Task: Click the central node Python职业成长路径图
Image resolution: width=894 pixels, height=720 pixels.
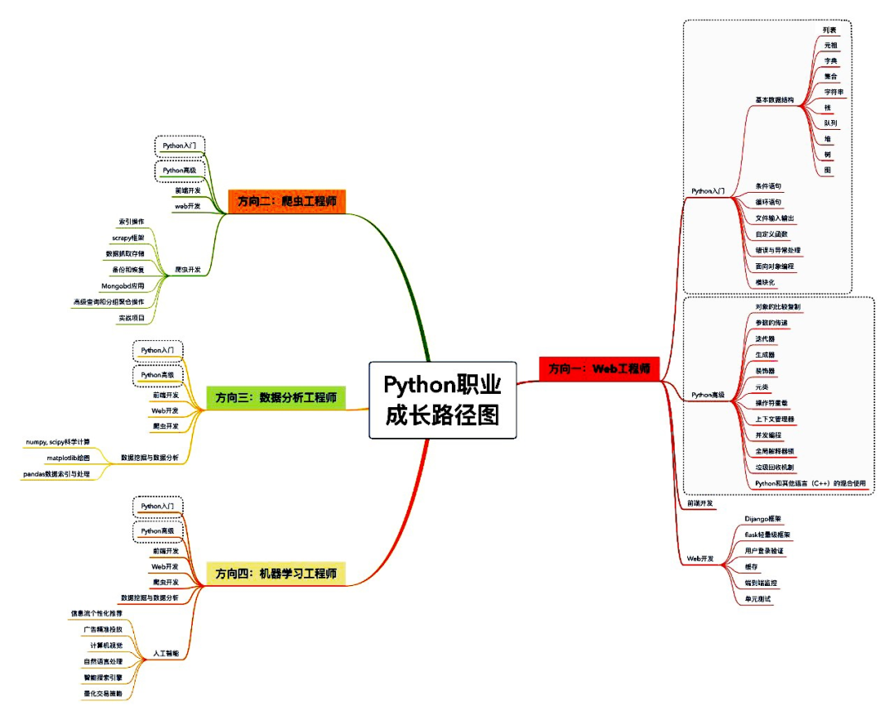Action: (x=442, y=400)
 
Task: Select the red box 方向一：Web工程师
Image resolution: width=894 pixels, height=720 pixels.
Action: (x=599, y=368)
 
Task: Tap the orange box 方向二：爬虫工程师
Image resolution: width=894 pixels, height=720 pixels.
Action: (x=286, y=201)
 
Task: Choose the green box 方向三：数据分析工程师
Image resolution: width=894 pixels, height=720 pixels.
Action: (x=276, y=397)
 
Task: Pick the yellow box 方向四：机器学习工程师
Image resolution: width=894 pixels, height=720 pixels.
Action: (x=276, y=574)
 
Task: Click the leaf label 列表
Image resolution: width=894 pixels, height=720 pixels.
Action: (x=829, y=29)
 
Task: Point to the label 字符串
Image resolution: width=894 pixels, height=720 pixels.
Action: (x=833, y=92)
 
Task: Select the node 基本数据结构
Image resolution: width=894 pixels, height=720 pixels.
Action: (x=774, y=100)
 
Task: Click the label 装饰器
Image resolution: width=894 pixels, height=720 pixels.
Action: (x=766, y=370)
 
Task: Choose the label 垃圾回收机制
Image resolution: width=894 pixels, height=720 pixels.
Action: (x=775, y=467)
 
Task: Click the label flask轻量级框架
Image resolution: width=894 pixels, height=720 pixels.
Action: (x=767, y=535)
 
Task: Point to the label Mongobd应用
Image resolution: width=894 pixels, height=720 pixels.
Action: (x=122, y=286)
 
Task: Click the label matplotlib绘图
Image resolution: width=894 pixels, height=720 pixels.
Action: (x=69, y=457)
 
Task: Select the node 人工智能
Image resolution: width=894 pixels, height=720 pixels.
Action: (x=166, y=653)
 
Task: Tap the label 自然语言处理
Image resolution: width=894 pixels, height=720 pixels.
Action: (x=103, y=660)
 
